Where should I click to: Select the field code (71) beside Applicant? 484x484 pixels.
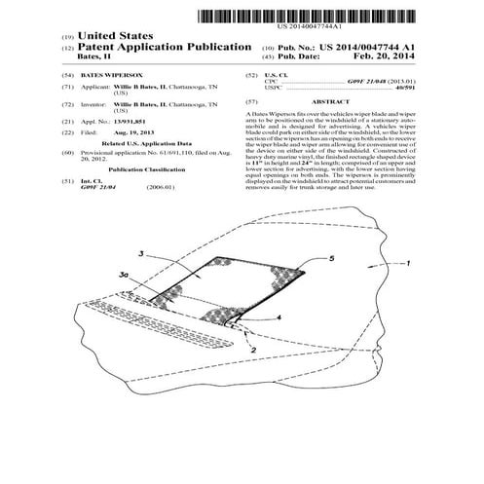tap(67, 86)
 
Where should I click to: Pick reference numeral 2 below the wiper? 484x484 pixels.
tap(253, 345)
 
